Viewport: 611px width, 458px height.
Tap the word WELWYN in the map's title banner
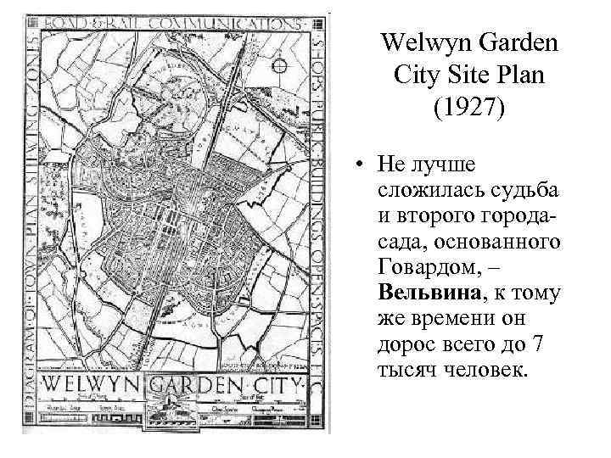click(84, 385)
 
